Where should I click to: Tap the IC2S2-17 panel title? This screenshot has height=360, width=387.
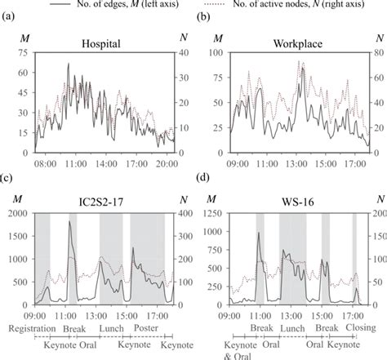point(102,200)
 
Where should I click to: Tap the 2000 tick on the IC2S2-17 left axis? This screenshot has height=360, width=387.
point(18,212)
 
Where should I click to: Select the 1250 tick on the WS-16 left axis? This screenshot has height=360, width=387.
point(213,212)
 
